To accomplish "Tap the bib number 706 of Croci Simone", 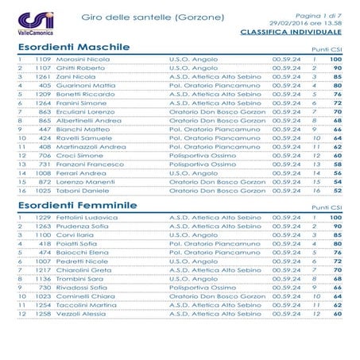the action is pyautogui.click(x=45, y=157).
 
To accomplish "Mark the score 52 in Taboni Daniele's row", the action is pyautogui.click(x=337, y=192).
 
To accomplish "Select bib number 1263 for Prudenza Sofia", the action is pyautogui.click(x=42, y=227).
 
